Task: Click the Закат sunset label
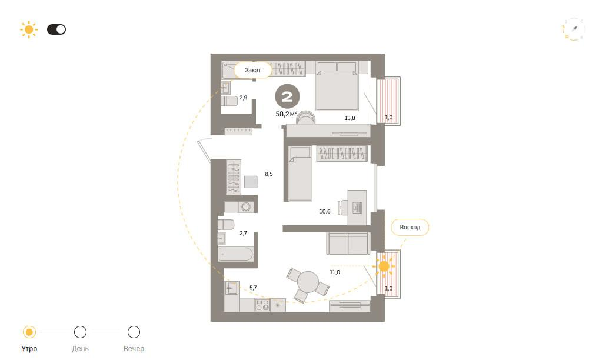(x=253, y=70)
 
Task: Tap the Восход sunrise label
(x=410, y=227)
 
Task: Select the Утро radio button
(x=29, y=332)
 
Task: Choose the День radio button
(x=81, y=332)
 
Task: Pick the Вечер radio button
(x=134, y=332)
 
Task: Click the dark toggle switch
(x=56, y=29)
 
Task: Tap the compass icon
(x=574, y=29)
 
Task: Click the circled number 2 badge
(x=287, y=96)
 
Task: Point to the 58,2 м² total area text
(x=286, y=114)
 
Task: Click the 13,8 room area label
(x=350, y=118)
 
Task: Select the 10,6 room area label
(x=325, y=211)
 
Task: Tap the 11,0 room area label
(x=335, y=272)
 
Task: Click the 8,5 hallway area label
(x=269, y=174)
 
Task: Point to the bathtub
(x=235, y=254)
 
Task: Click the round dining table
(x=308, y=282)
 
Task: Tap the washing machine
(x=246, y=207)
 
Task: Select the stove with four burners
(x=262, y=305)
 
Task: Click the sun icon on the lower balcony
(x=384, y=266)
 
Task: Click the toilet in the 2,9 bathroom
(x=229, y=101)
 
